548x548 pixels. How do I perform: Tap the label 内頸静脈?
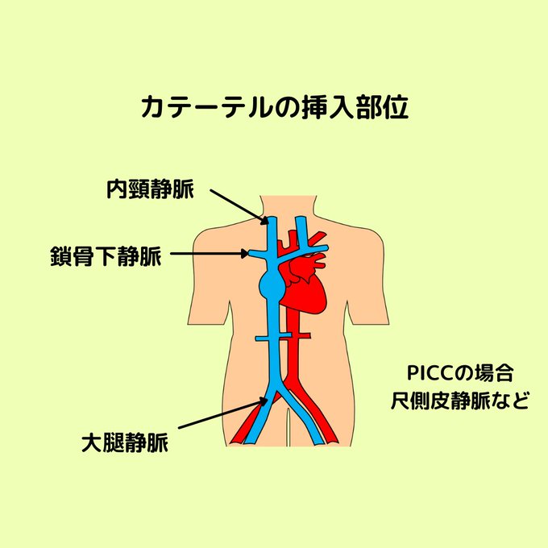(150, 189)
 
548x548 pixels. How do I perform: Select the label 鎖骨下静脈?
(106, 256)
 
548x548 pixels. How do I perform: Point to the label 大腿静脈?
(125, 442)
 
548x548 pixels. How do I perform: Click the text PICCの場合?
(460, 373)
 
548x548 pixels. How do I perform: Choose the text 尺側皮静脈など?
(460, 401)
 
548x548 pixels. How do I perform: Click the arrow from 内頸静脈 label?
(239, 206)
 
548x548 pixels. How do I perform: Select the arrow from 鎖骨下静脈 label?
(210, 253)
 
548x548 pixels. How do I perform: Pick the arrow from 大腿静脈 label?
(224, 413)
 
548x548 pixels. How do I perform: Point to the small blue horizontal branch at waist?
(273, 338)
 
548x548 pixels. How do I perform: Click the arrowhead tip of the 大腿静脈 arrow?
(269, 398)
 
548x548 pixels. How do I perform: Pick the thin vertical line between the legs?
(288, 427)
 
